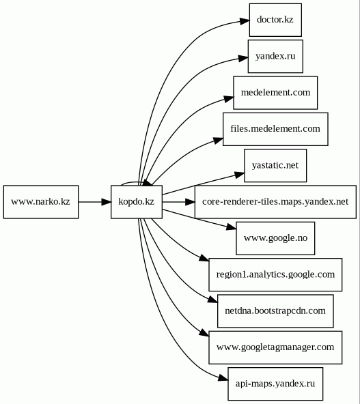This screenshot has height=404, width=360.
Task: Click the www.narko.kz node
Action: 41,202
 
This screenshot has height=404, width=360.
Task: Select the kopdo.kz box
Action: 137,202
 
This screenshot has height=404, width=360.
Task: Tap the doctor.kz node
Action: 275,20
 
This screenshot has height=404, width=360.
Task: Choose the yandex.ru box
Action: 275,56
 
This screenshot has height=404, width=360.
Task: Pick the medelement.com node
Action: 275,93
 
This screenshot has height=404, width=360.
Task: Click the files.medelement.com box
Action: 275,129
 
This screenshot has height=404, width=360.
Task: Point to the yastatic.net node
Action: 275,165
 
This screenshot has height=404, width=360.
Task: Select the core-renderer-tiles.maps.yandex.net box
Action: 275,202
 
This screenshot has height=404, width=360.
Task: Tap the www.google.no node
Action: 275,238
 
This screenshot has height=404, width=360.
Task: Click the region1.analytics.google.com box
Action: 275,274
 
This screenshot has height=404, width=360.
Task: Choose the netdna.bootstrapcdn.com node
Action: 275,311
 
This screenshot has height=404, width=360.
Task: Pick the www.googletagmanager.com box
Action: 275,347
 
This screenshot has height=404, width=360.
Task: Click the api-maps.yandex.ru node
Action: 275,384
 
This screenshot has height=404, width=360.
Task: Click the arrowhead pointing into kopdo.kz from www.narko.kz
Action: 106,202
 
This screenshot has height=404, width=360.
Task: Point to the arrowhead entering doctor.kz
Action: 245,21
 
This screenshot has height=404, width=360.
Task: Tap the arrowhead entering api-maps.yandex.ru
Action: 223,377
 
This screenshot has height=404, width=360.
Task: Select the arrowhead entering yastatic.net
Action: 239,174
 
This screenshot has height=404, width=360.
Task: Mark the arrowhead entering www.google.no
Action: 231,227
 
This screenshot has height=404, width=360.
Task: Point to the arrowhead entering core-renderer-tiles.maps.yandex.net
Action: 190,202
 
